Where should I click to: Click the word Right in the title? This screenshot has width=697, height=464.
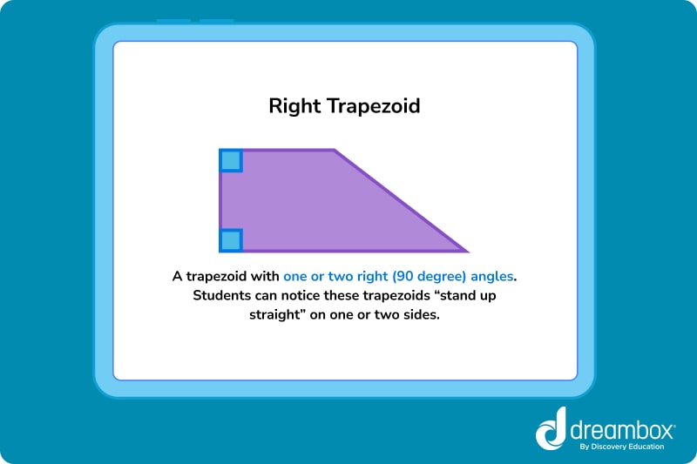coord(295,107)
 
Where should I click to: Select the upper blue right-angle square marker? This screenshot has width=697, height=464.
coord(231,161)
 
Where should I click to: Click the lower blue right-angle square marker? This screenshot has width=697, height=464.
coord(231,240)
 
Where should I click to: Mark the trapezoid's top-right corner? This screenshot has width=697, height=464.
coord(335,151)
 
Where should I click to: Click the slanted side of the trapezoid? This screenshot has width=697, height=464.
coord(401,201)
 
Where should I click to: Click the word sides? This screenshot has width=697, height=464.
coord(420,317)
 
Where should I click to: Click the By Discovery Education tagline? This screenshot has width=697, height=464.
coord(620,447)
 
